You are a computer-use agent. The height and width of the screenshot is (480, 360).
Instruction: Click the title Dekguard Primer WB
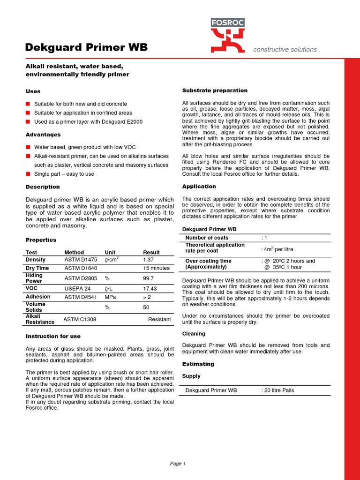pos(86,47)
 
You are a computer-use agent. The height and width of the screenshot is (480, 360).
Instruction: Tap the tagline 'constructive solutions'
pos(285,49)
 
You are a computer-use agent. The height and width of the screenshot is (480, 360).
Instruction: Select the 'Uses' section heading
pos(33,91)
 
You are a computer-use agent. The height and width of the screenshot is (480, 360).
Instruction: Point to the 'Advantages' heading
pos(43,135)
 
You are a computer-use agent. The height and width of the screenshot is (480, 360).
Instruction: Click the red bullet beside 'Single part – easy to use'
pos(28,174)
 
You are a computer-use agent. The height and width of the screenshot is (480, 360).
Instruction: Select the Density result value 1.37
pos(149,260)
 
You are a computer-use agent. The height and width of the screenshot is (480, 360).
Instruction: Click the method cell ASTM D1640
pos(80,268)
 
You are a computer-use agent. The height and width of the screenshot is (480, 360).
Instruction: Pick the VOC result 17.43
pos(150,288)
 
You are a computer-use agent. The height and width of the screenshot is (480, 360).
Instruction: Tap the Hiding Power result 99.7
pos(149,278)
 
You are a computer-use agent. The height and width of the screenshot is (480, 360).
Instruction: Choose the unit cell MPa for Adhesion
pos(110,297)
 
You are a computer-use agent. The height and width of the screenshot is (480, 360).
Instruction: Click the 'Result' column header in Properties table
pos(151,252)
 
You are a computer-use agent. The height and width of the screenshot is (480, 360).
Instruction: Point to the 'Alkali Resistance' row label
pos(40,319)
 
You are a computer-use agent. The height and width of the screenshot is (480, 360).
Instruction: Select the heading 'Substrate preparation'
pos(215,90)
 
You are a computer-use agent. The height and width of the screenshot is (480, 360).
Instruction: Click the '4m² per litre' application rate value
pos(277,249)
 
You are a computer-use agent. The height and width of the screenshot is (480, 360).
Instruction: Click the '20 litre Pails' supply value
pos(279,390)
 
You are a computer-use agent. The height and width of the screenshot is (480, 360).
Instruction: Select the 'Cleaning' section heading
pos(194,334)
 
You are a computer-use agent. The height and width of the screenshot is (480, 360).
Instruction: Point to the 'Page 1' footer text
pos(178,464)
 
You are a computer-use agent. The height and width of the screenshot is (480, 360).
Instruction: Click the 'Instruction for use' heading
pos(53,336)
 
